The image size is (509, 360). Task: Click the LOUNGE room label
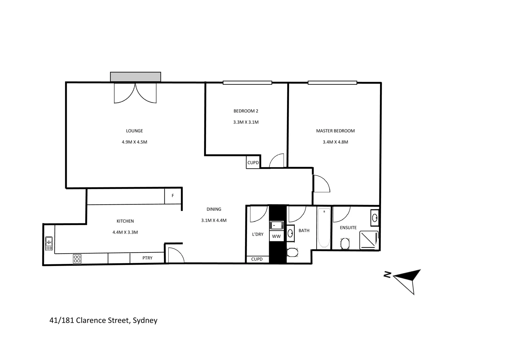click(x=134, y=131)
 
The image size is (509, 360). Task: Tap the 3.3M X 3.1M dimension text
click(x=246, y=122)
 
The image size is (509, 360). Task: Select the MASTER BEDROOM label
click(x=335, y=131)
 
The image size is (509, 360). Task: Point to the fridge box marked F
click(x=173, y=196)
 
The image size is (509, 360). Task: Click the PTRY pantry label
click(x=147, y=258)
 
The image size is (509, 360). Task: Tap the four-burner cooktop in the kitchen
click(x=77, y=259)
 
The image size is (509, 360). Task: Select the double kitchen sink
click(x=49, y=243)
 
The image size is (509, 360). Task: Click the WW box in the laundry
click(x=276, y=236)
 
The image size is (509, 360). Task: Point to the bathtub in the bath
click(x=324, y=228)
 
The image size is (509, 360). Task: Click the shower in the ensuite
click(x=369, y=240)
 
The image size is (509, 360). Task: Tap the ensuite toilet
click(x=345, y=243)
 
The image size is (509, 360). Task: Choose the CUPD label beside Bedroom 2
click(x=253, y=163)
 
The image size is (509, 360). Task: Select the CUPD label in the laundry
click(x=257, y=259)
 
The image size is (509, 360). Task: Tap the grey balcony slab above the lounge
click(x=136, y=77)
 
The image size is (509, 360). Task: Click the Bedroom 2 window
click(x=247, y=83)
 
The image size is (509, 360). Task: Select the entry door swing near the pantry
click(x=175, y=255)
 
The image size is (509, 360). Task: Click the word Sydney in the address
click(x=145, y=320)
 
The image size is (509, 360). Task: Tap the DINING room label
click(x=214, y=209)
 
